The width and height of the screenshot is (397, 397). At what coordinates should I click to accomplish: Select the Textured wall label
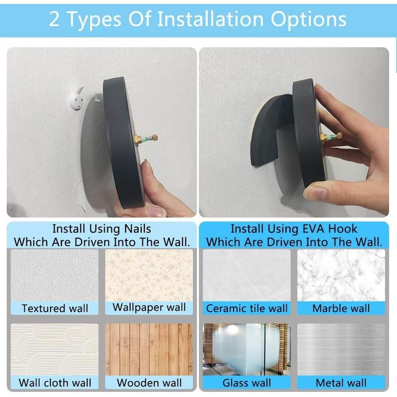pos(55,308)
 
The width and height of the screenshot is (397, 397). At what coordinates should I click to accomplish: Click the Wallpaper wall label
pos(149,307)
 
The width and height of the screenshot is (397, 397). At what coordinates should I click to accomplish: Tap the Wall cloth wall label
pos(55,383)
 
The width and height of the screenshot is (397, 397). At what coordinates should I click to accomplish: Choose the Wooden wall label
pos(149,383)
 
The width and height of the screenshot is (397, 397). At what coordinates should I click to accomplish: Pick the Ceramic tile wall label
pos(247,308)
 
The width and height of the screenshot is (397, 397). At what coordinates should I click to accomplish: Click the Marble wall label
pos(341,308)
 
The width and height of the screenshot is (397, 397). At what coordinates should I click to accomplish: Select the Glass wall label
pos(247,383)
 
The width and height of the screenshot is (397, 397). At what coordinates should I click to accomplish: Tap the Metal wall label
pos(341,383)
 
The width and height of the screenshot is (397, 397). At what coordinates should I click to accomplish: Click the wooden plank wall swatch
pos(149,349)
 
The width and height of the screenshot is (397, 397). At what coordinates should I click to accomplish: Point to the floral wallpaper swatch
pos(149,275)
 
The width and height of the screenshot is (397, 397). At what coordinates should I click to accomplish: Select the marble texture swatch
pos(341,275)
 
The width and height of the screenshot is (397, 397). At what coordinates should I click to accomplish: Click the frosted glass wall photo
pos(247,349)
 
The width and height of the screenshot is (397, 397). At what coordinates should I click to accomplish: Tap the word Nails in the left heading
pos(137,229)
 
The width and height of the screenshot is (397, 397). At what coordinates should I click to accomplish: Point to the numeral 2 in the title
pos(54,19)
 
